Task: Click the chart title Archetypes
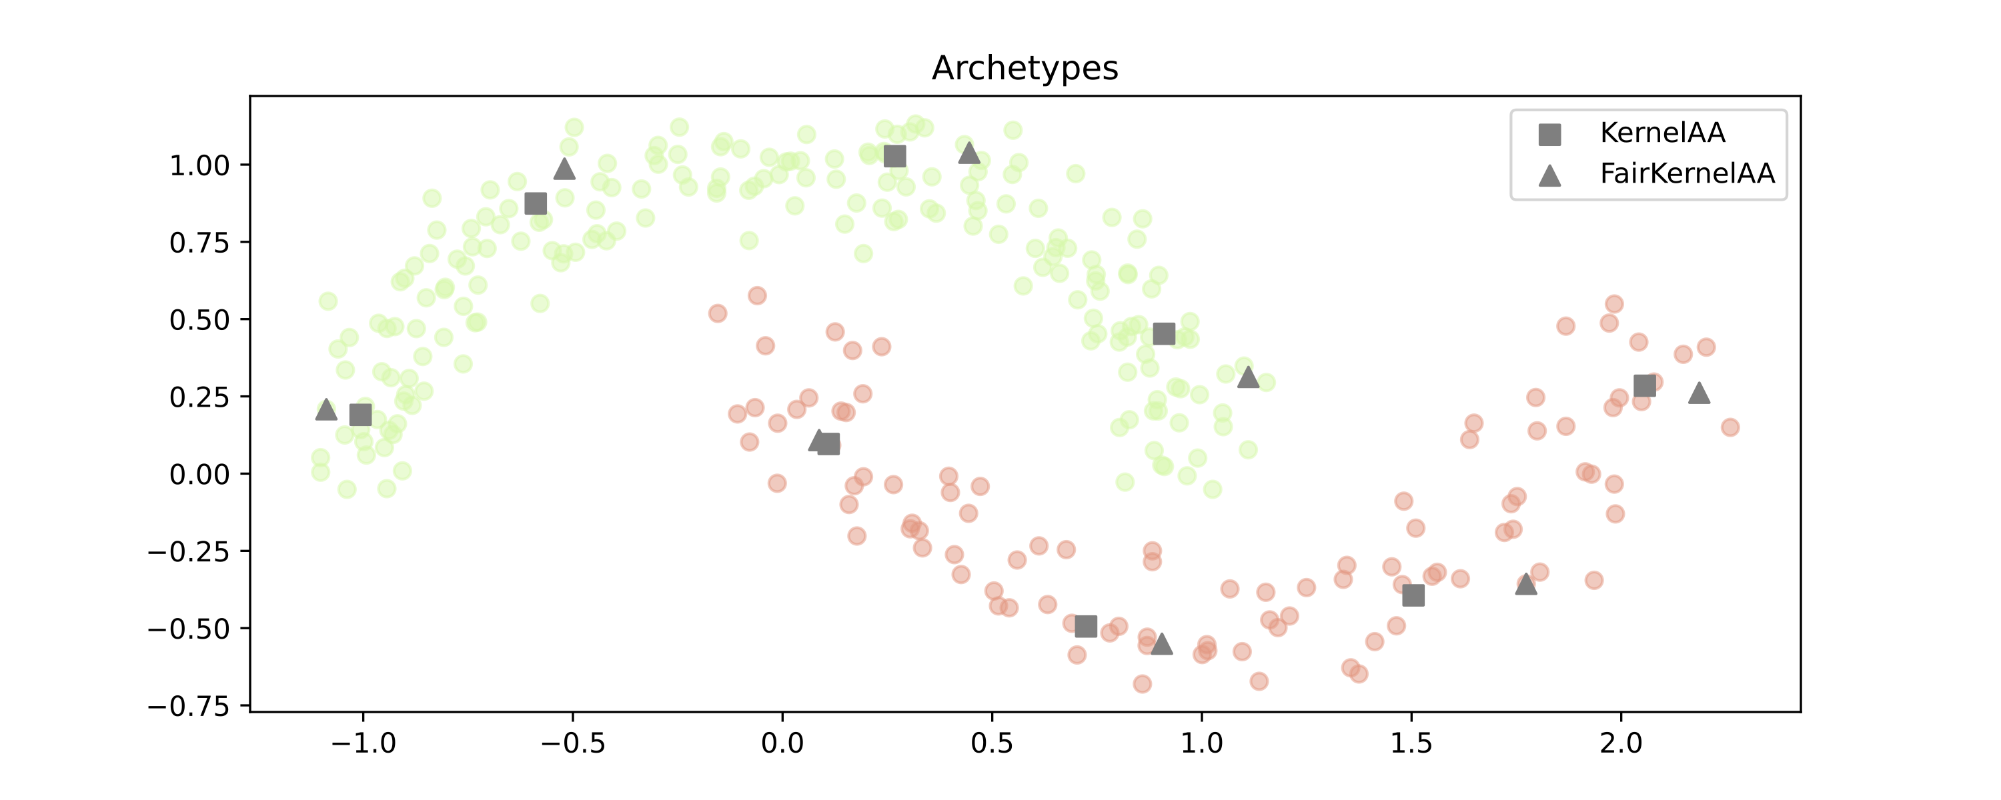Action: (1025, 69)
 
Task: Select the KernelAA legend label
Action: (1662, 133)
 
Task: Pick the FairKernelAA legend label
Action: (1688, 173)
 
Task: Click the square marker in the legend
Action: (1549, 135)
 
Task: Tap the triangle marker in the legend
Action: (1549, 175)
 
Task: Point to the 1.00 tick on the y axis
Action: (199, 165)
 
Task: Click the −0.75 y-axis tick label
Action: (189, 707)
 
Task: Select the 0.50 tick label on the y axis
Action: (199, 320)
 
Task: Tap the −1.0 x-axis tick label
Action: (363, 743)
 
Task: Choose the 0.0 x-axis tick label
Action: (782, 743)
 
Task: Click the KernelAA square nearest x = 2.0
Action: (1644, 386)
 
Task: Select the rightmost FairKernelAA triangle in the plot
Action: (1699, 393)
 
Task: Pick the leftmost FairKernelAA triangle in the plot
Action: (326, 409)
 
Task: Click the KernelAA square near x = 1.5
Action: (1413, 596)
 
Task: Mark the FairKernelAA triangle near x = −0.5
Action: (565, 169)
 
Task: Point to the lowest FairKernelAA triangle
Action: (1161, 644)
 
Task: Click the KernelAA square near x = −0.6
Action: (535, 203)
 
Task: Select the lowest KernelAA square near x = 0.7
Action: (1086, 626)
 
